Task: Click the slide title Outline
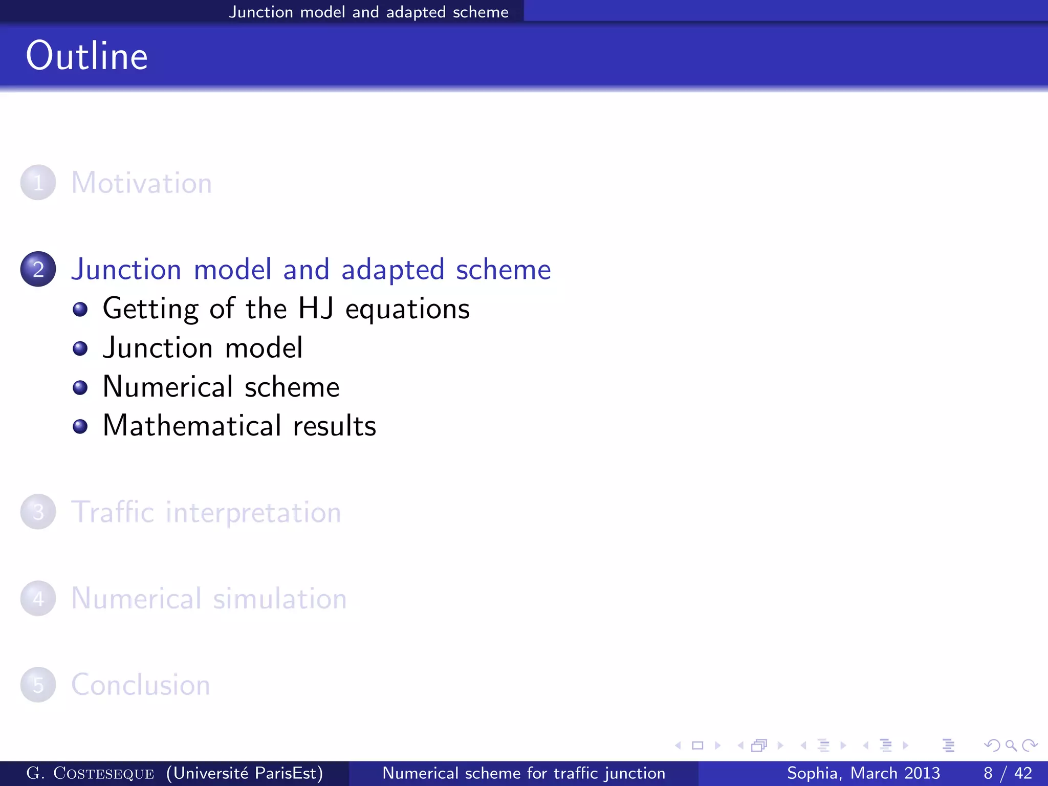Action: pos(87,56)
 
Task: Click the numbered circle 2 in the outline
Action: pos(38,269)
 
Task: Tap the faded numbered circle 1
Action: pos(38,183)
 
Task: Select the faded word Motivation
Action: pos(142,183)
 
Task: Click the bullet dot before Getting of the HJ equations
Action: pos(80,309)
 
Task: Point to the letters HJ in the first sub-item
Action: pos(316,309)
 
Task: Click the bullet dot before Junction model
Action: pos(80,348)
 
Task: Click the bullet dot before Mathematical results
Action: pos(80,426)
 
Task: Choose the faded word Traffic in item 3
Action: pos(113,512)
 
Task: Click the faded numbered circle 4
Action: pos(38,598)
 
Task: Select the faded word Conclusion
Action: pos(141,685)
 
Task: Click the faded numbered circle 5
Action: pos(38,685)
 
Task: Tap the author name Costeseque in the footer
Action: pos(103,773)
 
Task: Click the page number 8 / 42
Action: pos(1008,773)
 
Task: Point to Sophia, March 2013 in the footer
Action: pos(863,773)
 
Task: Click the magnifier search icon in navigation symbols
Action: pos(1011,746)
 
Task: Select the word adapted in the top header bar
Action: pos(416,12)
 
